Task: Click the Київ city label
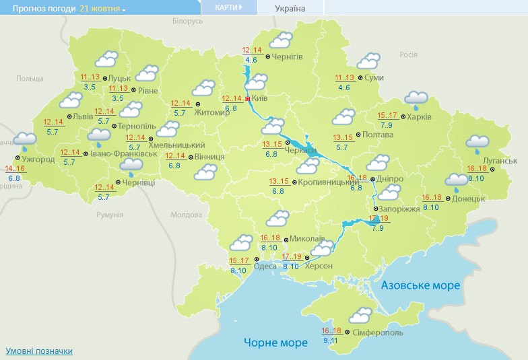click(260, 98)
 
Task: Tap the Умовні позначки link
click(39, 351)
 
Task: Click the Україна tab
click(290, 9)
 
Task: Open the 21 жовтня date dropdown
click(102, 9)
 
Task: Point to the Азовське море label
click(420, 285)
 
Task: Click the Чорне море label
click(275, 343)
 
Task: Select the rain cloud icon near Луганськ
click(477, 143)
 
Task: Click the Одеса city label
click(265, 266)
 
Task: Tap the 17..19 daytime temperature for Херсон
click(292, 257)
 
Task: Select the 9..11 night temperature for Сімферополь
click(331, 340)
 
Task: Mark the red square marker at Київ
click(248, 98)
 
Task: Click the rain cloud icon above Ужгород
click(26, 141)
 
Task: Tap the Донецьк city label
click(468, 199)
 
